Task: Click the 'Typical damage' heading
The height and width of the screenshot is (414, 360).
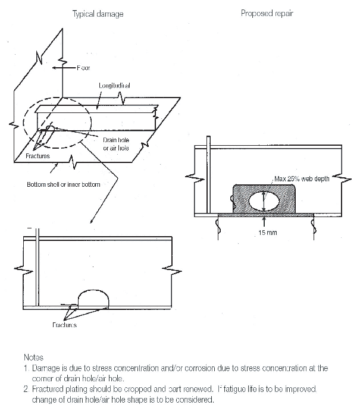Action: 98,14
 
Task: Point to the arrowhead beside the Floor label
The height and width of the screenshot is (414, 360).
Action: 57,68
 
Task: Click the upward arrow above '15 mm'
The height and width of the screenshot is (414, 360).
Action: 264,220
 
